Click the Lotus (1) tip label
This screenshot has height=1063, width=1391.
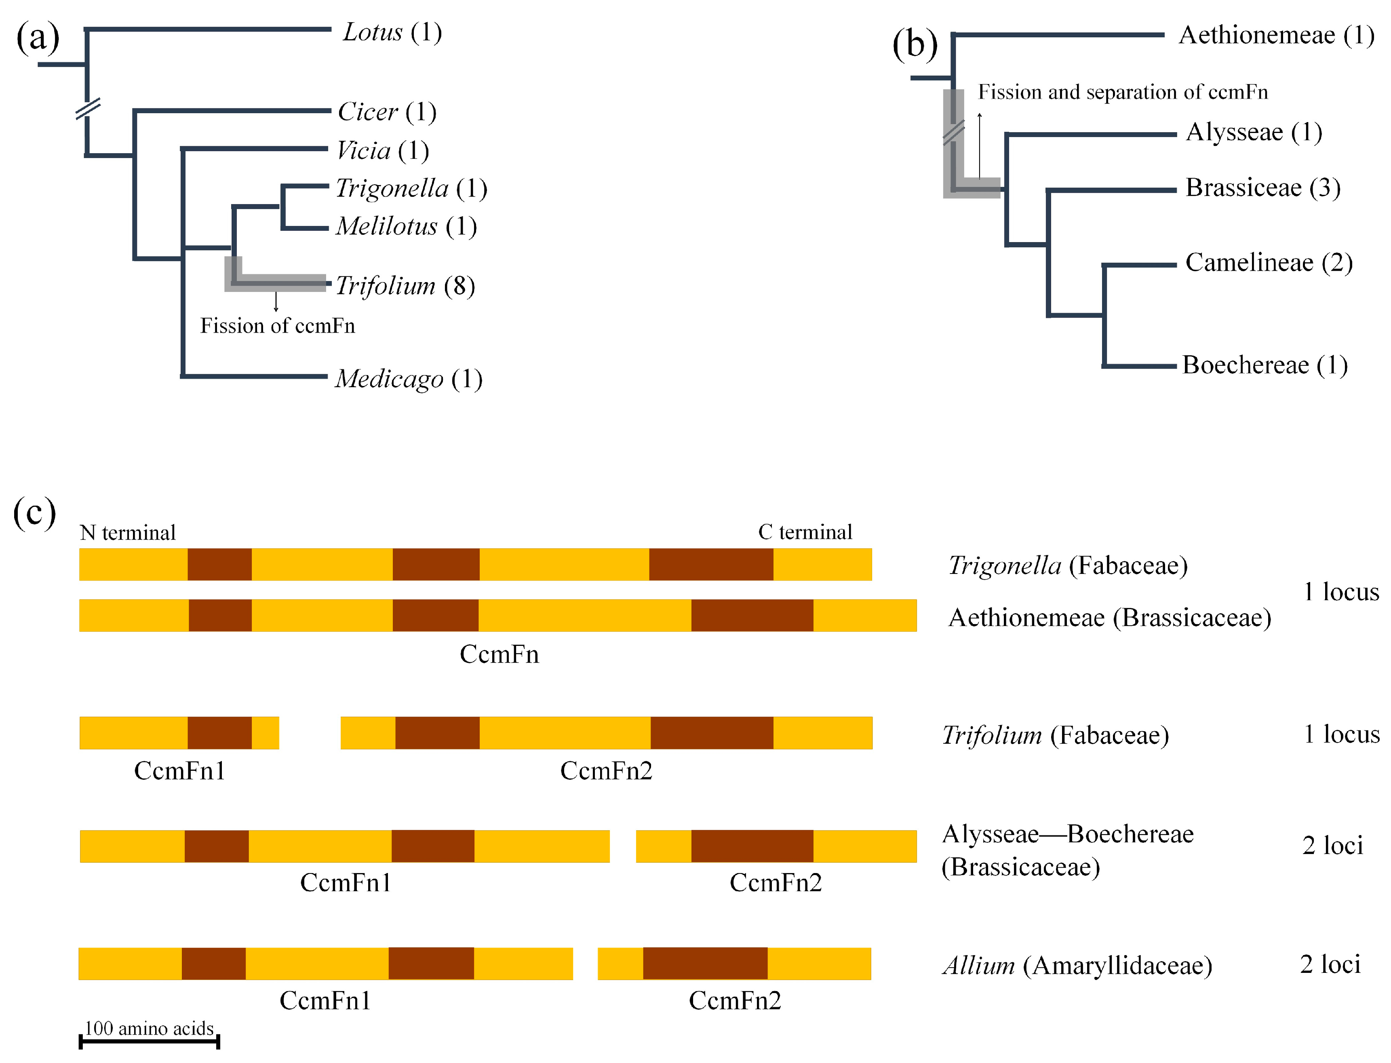pyautogui.click(x=392, y=32)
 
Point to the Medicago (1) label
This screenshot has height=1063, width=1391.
pyautogui.click(x=409, y=379)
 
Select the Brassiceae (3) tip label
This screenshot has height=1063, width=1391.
pyautogui.click(x=1262, y=188)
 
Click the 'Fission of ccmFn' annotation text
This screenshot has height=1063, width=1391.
pyautogui.click(x=278, y=326)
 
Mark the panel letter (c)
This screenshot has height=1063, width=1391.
pyautogui.click(x=35, y=513)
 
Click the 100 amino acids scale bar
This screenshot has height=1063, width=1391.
pyautogui.click(x=149, y=1040)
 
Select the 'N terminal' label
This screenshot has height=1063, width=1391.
pyautogui.click(x=128, y=533)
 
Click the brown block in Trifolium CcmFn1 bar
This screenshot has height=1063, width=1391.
pyautogui.click(x=219, y=733)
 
